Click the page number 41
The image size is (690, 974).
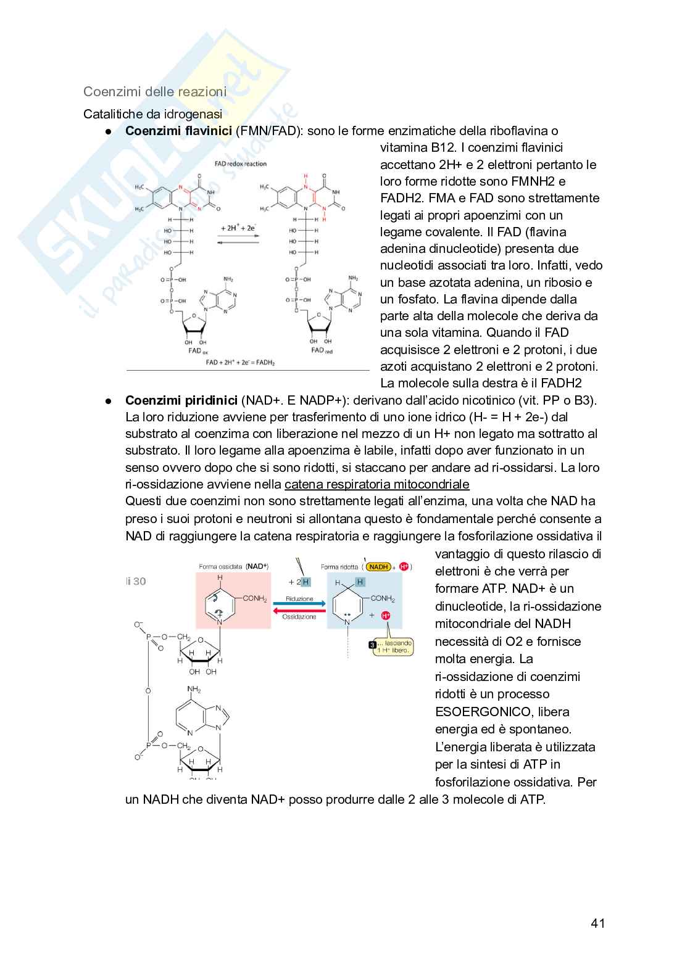click(x=597, y=923)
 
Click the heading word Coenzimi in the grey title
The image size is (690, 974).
click(x=110, y=92)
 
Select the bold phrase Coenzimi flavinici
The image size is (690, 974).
click(x=178, y=131)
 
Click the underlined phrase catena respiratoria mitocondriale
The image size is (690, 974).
click(x=376, y=484)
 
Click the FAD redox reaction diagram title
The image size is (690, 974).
click(x=240, y=164)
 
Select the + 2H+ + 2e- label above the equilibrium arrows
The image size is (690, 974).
click(x=238, y=228)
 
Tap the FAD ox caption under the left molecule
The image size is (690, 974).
click(x=198, y=351)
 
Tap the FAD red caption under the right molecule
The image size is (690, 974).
click(x=322, y=350)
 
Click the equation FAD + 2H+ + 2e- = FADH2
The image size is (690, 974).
click(x=240, y=363)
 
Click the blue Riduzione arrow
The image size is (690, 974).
click(x=299, y=604)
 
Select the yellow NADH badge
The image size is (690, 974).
click(x=378, y=566)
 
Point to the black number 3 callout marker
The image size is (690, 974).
click(x=372, y=645)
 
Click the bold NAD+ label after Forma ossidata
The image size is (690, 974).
click(x=257, y=566)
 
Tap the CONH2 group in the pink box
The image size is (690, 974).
click(x=254, y=598)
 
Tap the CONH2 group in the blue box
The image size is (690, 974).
click(x=383, y=598)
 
